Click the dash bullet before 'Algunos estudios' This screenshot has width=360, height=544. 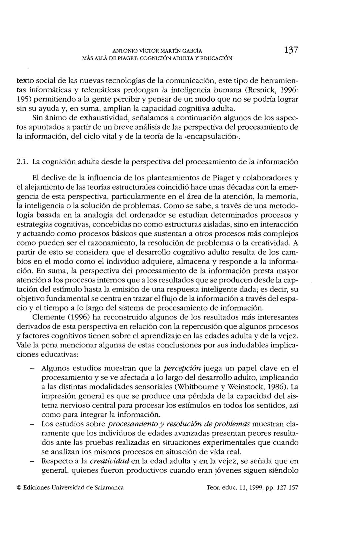pos(32,369)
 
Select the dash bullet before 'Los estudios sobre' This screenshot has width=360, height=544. pos(32,424)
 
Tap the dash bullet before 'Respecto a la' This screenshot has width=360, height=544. pos(32,462)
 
